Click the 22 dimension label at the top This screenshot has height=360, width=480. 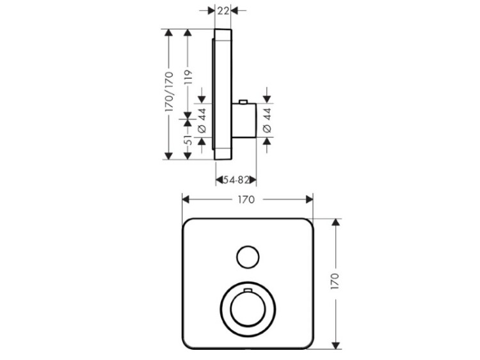click(223, 11)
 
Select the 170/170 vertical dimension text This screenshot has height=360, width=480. click(169, 92)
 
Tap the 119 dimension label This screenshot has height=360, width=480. click(188, 77)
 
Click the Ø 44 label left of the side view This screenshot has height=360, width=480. click(202, 120)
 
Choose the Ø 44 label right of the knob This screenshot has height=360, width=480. click(268, 120)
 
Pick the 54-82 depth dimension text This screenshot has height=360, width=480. click(236, 180)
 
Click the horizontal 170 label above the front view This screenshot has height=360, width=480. click(246, 200)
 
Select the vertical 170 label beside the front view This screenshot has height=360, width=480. click(335, 282)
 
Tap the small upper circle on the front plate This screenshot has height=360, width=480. click(248, 257)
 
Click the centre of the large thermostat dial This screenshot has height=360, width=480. click(248, 309)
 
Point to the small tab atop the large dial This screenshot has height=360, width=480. click(248, 290)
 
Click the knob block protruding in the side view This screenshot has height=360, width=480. click(244, 120)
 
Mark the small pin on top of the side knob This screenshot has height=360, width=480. click(243, 102)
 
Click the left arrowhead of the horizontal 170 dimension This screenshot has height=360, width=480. click(186, 200)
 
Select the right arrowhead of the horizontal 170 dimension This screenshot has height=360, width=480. click(310, 200)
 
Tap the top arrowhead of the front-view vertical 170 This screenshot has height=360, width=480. click(336, 223)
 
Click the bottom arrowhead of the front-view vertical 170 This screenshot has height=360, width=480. click(336, 345)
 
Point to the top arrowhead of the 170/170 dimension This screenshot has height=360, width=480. click(168, 33)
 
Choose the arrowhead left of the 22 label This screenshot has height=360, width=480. click(211, 11)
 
